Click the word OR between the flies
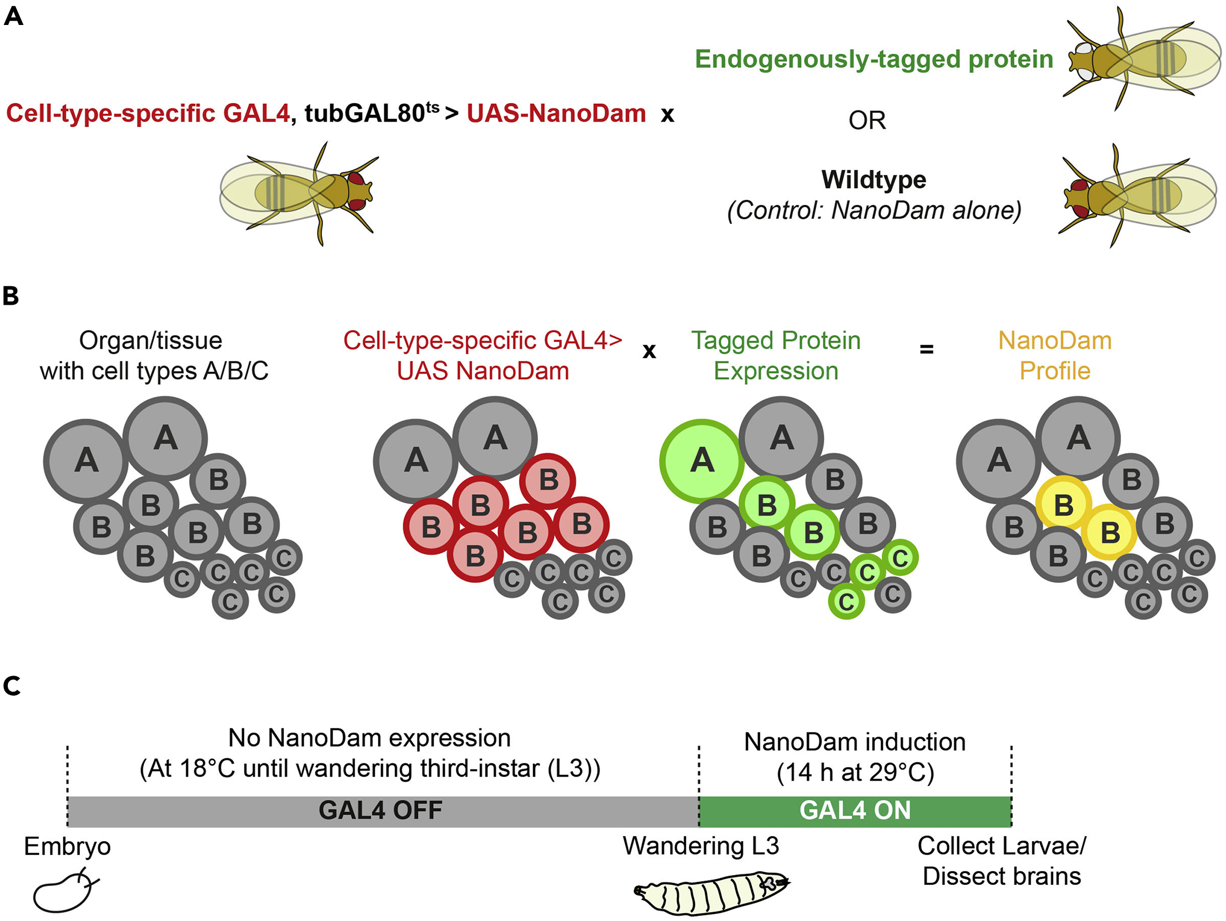click(867, 120)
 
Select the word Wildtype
click(873, 180)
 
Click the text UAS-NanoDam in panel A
click(556, 114)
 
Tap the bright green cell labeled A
click(702, 461)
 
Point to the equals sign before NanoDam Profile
click(926, 350)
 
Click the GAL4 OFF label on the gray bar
click(380, 811)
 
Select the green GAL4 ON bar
click(855, 811)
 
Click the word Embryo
click(67, 847)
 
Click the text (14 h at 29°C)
click(855, 772)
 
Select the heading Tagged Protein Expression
click(776, 355)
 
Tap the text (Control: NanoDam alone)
click(874, 210)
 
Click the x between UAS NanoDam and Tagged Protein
click(649, 351)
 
